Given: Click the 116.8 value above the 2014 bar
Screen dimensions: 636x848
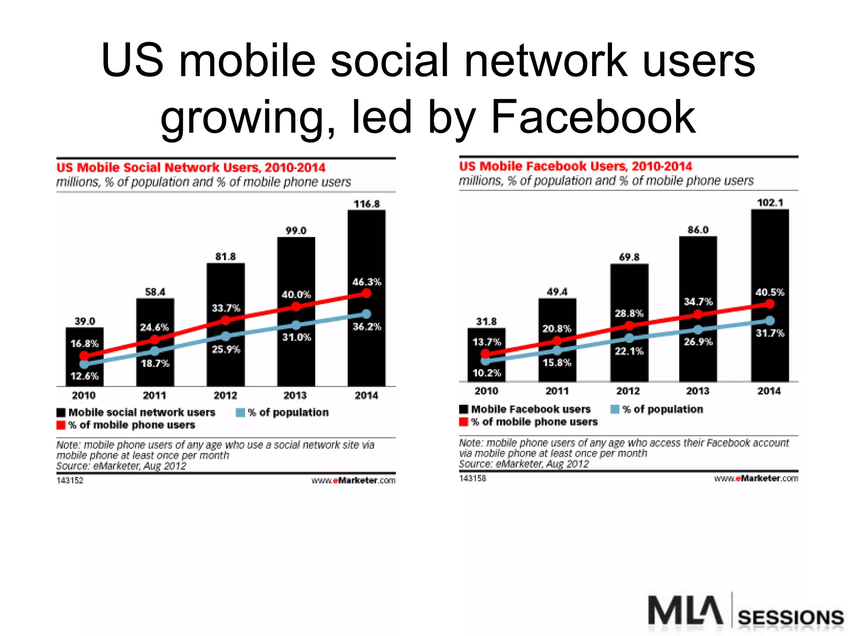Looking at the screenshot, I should (366, 204).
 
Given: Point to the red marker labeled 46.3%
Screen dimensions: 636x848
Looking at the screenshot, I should (366, 293).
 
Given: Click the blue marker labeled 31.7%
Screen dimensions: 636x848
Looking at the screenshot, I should (770, 320).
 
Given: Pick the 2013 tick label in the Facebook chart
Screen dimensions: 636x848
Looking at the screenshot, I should (698, 391).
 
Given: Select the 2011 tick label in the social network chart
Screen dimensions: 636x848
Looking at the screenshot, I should (154, 395).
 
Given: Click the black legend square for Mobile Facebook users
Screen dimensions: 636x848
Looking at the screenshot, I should (464, 410).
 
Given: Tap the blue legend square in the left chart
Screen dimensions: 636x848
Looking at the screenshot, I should (240, 413).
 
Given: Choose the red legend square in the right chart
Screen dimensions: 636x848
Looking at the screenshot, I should (464, 422).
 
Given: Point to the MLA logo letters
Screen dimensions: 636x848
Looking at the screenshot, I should (685, 610).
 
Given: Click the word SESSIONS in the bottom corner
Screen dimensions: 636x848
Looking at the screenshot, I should (790, 618).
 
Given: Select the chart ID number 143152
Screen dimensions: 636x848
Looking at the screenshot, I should (70, 480).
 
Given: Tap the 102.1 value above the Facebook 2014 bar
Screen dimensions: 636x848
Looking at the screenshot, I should (770, 202).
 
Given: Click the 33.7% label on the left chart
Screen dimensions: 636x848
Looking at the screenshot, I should (226, 308).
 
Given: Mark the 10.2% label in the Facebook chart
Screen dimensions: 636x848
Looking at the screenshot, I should (487, 373).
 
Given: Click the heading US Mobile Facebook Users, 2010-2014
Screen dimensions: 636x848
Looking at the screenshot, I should (575, 166).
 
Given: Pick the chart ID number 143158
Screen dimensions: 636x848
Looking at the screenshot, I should (472, 478).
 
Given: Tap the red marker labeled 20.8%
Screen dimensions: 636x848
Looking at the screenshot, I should (557, 341).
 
